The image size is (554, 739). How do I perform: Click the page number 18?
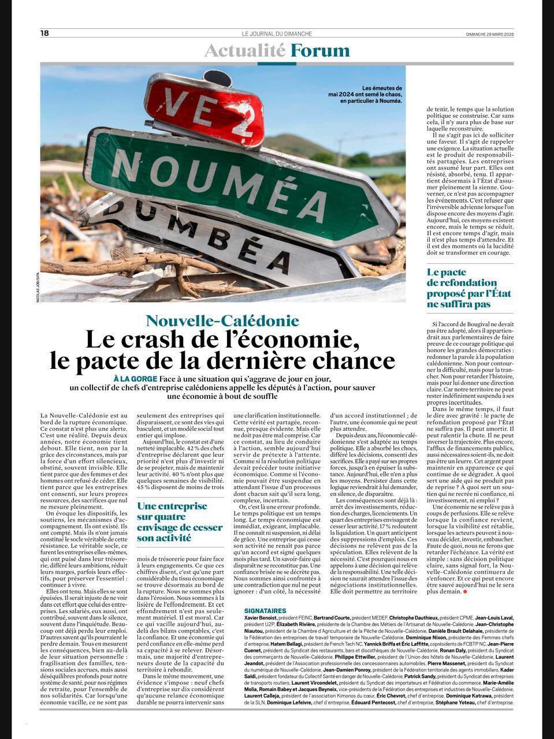click(x=44, y=33)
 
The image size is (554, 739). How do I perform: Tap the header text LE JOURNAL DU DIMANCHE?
click(x=277, y=33)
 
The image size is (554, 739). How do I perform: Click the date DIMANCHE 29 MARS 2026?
click(x=490, y=33)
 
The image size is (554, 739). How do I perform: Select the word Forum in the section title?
click(x=319, y=51)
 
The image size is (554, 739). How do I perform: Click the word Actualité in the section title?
click(x=245, y=51)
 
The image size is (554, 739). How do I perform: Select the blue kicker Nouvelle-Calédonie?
click(x=222, y=320)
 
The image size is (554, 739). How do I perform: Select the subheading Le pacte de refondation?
click(x=469, y=288)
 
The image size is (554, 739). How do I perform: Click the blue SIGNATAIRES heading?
click(x=265, y=610)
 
